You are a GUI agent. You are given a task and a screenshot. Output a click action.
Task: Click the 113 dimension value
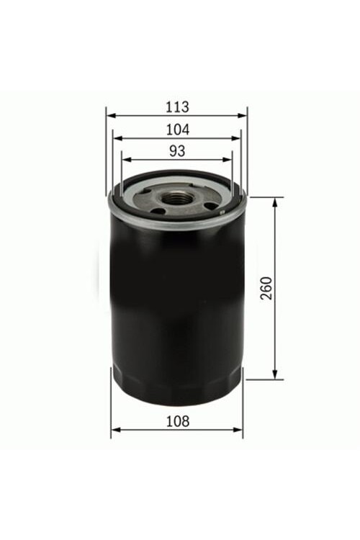tap(177, 107)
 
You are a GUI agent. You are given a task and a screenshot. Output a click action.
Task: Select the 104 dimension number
tap(178, 130)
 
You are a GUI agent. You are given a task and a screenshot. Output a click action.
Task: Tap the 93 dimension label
tap(177, 151)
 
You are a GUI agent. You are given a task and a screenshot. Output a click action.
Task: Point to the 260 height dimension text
tap(266, 288)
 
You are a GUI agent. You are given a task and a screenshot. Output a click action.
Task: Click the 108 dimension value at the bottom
tap(178, 421)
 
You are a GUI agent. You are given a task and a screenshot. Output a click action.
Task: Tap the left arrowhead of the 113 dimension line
tap(111, 116)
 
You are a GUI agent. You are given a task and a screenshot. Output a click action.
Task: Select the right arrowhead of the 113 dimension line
tap(243, 116)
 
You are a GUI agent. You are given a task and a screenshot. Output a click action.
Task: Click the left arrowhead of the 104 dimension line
tap(118, 138)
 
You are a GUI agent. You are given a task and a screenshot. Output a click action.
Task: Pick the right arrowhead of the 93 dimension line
tap(228, 159)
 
